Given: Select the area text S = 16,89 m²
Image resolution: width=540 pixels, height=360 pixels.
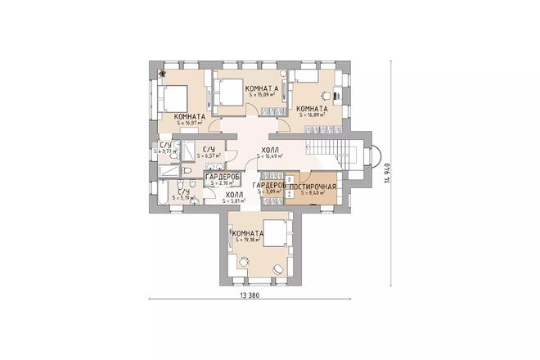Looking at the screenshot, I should tap(313, 115).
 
